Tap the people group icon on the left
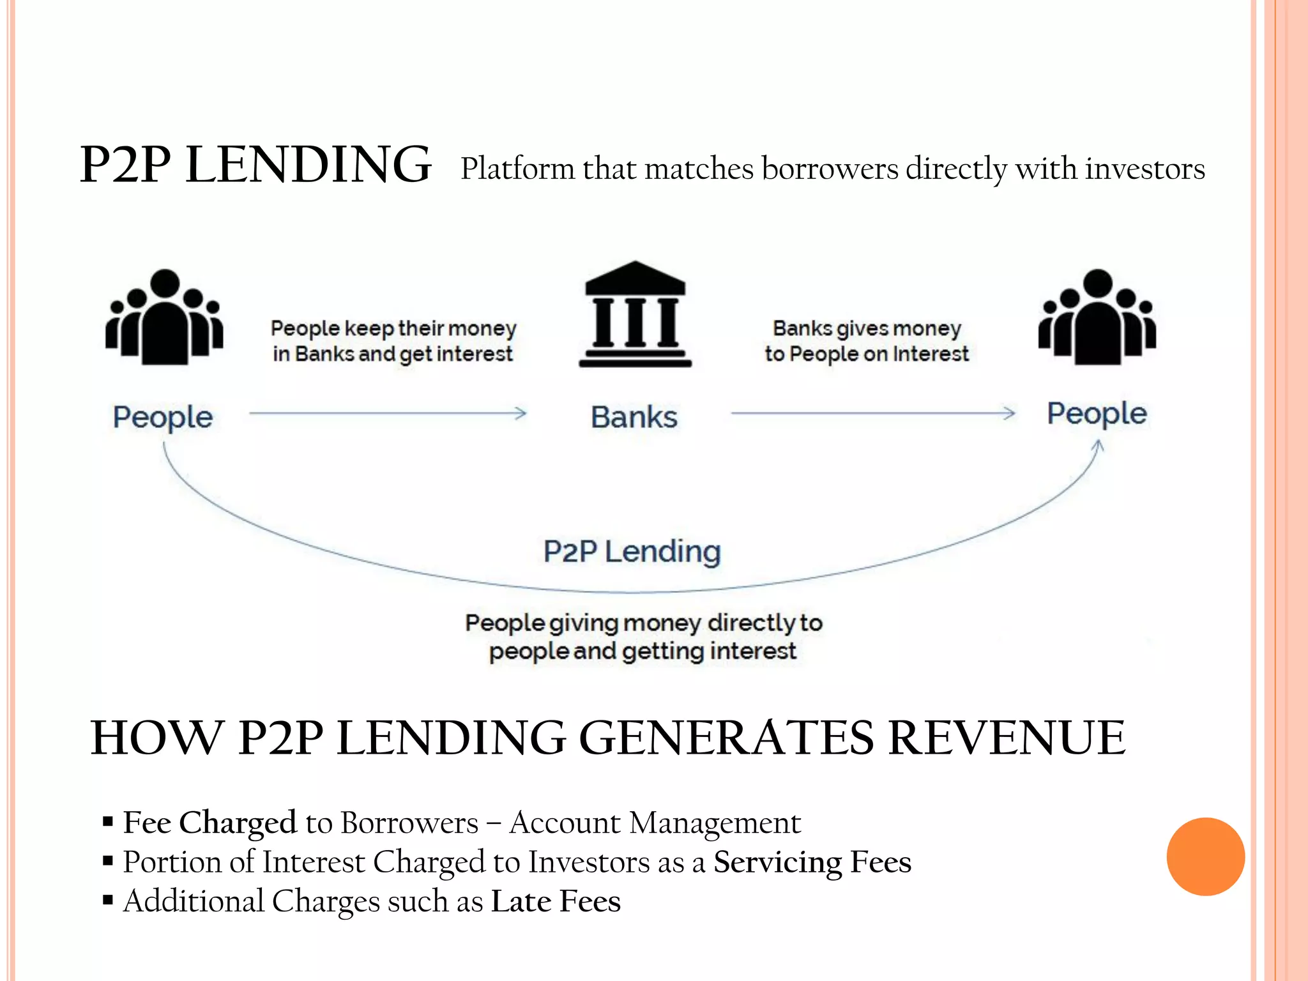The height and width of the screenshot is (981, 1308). click(164, 317)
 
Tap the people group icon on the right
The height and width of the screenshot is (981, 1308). click(1097, 317)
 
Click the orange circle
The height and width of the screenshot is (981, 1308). click(1205, 856)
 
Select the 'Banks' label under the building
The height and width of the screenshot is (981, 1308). click(634, 418)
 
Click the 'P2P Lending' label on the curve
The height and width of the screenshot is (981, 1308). click(632, 551)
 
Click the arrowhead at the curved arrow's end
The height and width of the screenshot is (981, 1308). click(1098, 446)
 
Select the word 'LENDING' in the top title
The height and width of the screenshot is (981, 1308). click(308, 165)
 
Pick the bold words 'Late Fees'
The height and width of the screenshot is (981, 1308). click(556, 901)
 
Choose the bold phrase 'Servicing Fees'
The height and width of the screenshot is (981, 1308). click(812, 862)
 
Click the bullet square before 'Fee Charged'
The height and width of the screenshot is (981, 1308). click(108, 821)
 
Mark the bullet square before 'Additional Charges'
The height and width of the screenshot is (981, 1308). click(108, 901)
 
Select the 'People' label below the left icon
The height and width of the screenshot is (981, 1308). click(163, 418)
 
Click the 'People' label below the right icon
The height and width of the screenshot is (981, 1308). click(1097, 414)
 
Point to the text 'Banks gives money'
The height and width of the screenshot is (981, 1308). click(867, 328)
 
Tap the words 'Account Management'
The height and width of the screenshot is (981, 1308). click(655, 823)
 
